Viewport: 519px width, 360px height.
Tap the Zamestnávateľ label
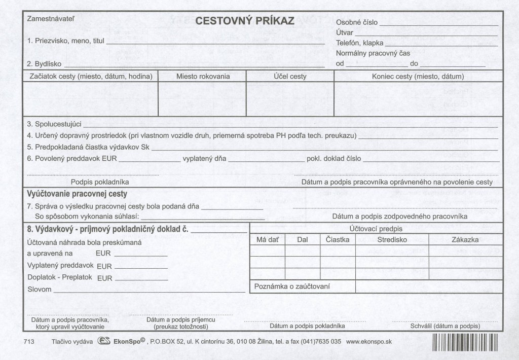[51, 19]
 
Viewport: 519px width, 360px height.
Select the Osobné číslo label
[356, 23]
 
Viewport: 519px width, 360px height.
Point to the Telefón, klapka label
[360, 43]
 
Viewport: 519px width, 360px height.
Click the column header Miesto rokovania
[203, 77]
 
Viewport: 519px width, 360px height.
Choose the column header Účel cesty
[290, 77]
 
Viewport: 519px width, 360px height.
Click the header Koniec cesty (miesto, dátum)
[418, 77]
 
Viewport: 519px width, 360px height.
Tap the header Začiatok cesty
[89, 77]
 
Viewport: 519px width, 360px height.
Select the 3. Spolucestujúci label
[54, 124]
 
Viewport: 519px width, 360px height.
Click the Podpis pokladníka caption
[100, 182]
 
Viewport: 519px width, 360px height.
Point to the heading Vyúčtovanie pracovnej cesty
[77, 194]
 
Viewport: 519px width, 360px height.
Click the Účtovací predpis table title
[376, 229]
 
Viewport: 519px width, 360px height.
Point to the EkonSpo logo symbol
[103, 342]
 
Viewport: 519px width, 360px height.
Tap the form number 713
[28, 342]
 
